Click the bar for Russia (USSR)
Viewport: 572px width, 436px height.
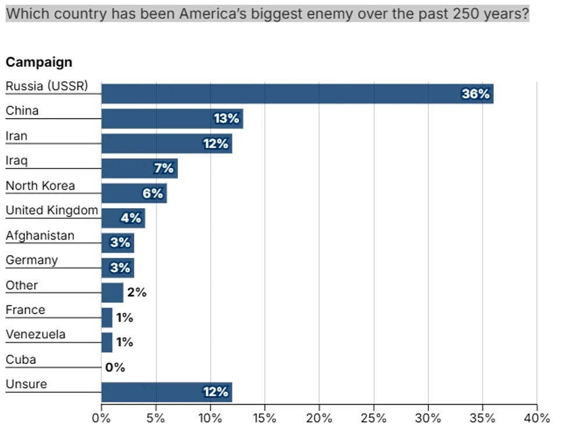[297, 94]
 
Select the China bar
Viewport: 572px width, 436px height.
[172, 119]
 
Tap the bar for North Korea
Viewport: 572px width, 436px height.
[134, 193]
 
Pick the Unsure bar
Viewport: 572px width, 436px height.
[166, 392]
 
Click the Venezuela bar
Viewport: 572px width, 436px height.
[107, 342]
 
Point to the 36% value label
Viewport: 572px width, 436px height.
[475, 94]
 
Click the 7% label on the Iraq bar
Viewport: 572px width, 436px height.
[164, 168]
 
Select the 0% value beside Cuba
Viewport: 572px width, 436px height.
[115, 367]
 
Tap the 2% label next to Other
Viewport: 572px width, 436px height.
[137, 292]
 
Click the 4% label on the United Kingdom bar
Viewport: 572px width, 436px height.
[131, 218]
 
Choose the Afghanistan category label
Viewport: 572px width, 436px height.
[40, 236]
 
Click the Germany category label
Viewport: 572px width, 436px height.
[32, 260]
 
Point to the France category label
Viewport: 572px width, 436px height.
[26, 310]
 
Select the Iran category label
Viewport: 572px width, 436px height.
[16, 136]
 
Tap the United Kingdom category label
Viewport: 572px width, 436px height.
[52, 210]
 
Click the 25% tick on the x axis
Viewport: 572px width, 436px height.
[374, 418]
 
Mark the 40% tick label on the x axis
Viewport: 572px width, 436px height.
[537, 418]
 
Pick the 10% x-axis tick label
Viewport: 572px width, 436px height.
[210, 418]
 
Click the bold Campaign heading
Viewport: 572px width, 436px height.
[39, 62]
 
